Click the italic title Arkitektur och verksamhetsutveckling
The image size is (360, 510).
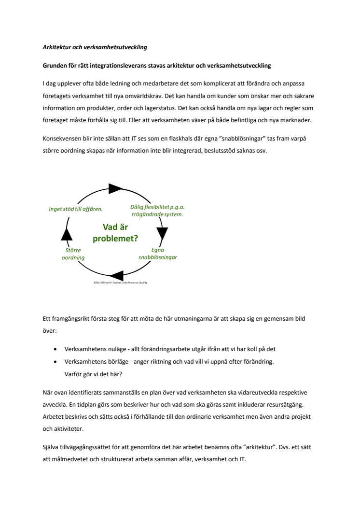[x=95, y=47]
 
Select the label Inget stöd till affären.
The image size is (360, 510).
[x=76, y=209]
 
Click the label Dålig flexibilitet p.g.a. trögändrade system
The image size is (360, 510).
[x=157, y=211]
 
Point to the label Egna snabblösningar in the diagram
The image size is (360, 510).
[x=158, y=254]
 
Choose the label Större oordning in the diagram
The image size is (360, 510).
[x=73, y=254]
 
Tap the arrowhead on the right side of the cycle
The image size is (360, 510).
[x=162, y=234]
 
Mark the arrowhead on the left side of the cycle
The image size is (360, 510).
[x=67, y=234]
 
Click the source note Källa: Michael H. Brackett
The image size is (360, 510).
[x=120, y=283]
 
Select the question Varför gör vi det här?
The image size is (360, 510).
[x=93, y=373]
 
